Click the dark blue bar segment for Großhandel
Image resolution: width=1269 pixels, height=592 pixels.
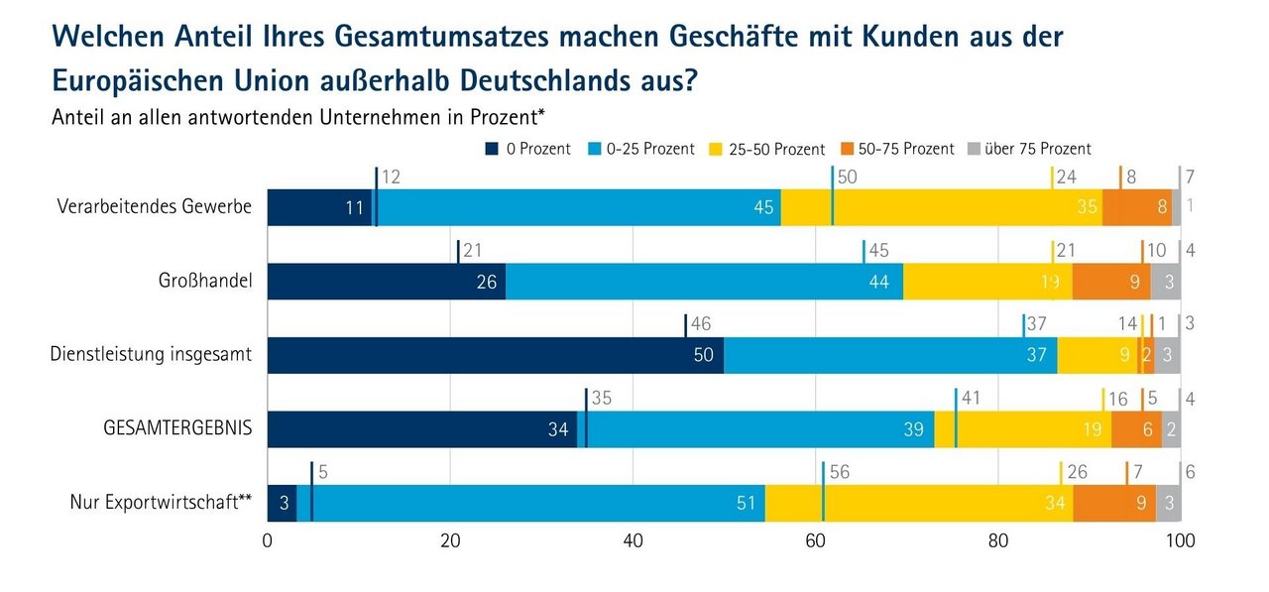[x=387, y=281]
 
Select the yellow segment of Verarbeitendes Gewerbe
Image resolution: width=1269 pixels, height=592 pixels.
[x=942, y=207]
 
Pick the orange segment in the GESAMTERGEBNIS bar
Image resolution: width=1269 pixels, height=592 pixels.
[x=1136, y=429]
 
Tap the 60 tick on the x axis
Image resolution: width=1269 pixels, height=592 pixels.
[x=816, y=541]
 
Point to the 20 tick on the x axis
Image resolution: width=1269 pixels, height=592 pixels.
[x=451, y=541]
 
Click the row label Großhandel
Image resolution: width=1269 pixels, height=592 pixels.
[x=205, y=281]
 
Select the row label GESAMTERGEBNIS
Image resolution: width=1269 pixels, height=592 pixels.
[x=177, y=428]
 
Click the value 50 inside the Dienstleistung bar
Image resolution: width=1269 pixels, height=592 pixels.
[x=704, y=355]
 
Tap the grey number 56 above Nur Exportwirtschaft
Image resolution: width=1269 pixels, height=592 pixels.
[x=839, y=472]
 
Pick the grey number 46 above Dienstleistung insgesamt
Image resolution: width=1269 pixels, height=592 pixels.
[x=702, y=323]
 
